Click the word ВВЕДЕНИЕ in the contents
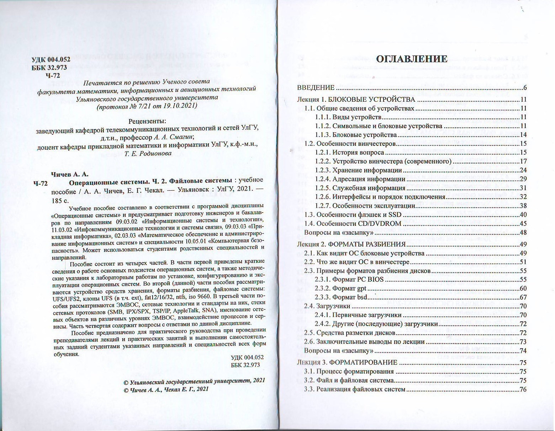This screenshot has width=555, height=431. tap(316, 88)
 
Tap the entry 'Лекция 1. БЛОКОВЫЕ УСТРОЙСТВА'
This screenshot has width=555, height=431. tap(356, 100)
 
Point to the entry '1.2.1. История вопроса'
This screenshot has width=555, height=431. tap(349, 153)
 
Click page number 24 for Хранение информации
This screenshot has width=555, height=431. tap(523, 170)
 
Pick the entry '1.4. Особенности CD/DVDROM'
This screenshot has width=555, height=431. tap(353, 224)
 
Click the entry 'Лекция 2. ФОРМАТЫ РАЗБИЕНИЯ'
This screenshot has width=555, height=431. tap(351, 244)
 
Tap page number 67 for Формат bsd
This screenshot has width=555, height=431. tap(523, 297)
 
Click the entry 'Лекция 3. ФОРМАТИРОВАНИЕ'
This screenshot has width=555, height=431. tap(347, 362)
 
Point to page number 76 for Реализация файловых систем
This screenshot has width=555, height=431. tap(523, 389)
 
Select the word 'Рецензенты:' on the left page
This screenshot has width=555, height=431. tap(147, 121)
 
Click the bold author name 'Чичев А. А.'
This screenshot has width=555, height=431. tap(70, 174)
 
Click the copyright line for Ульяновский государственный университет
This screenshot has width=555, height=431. tap(194, 381)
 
